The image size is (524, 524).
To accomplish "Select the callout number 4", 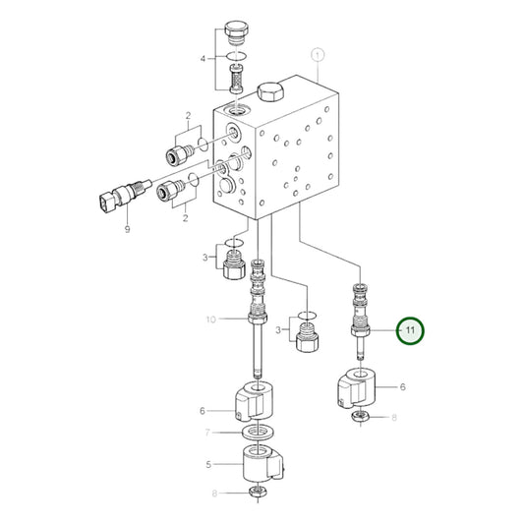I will tap(204, 58).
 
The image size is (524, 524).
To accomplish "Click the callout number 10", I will tap(208, 319).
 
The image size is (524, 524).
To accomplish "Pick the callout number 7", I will tap(205, 433).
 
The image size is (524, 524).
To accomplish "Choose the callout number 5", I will tap(205, 465).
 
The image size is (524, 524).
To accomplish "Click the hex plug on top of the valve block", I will tap(270, 93).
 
